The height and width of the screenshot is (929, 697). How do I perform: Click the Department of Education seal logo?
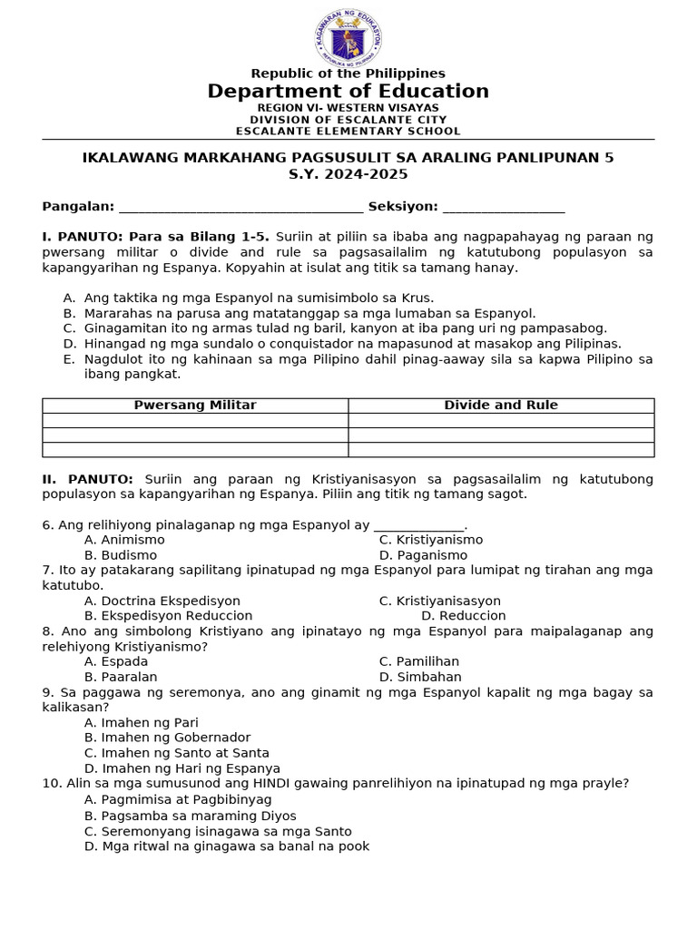pyautogui.click(x=348, y=38)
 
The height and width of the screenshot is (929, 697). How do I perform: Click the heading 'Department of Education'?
pyautogui.click(x=348, y=91)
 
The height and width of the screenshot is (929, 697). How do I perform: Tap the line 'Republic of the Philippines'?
pyautogui.click(x=348, y=73)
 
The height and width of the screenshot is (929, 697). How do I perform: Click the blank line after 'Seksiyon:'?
pyautogui.click(x=504, y=208)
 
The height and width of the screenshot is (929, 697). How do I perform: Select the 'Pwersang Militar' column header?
pyautogui.click(x=195, y=406)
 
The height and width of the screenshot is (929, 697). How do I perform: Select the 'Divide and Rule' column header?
pyautogui.click(x=501, y=406)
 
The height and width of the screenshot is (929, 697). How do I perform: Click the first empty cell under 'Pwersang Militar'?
pyautogui.click(x=195, y=420)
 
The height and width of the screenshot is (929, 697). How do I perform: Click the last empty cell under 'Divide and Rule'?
pyautogui.click(x=501, y=449)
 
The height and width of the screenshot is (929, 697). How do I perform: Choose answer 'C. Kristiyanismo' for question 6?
pyautogui.click(x=431, y=540)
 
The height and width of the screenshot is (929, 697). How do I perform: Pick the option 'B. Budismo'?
pyautogui.click(x=121, y=555)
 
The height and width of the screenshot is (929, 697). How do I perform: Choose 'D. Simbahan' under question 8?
pyautogui.click(x=420, y=677)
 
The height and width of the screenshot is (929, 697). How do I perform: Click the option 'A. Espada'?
pyautogui.click(x=116, y=661)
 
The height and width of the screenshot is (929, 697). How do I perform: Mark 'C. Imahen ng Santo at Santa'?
pyautogui.click(x=177, y=753)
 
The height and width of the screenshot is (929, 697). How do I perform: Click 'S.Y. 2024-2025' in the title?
pyautogui.click(x=348, y=174)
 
